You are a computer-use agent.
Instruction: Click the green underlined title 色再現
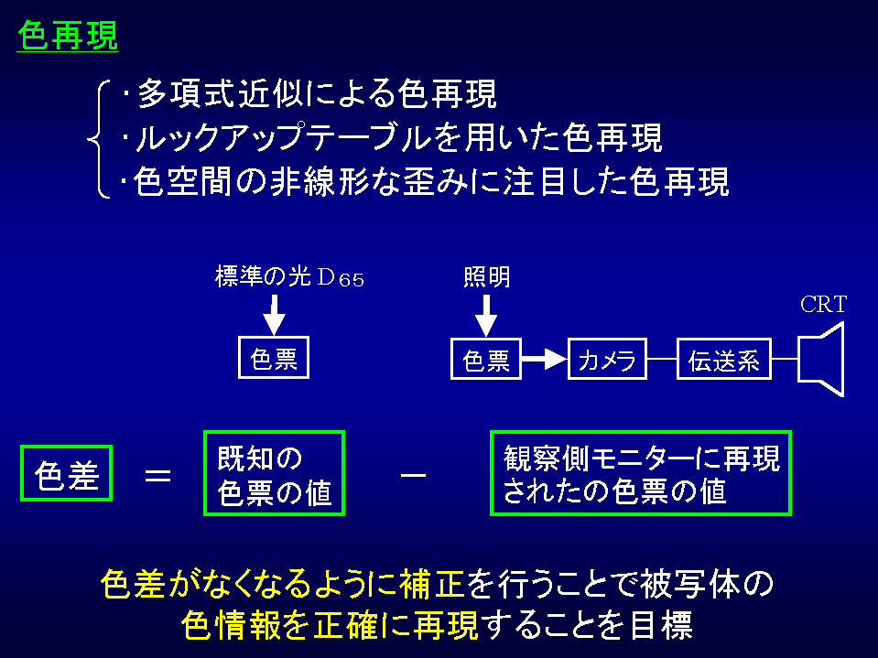point(68,36)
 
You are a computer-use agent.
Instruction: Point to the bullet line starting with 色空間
point(425,181)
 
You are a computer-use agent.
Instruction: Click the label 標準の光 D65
point(289,278)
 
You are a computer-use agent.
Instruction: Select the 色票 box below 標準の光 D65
point(274,358)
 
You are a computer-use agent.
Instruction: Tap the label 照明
point(487,278)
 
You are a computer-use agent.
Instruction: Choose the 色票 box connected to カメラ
point(486,358)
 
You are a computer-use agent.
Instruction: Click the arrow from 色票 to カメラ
point(545,358)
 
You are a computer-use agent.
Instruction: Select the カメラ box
point(607,358)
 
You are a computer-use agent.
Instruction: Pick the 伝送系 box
point(723,358)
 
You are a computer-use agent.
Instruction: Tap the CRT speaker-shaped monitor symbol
point(820,358)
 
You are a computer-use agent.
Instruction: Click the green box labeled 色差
point(66,473)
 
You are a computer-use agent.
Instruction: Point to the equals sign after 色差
point(158,474)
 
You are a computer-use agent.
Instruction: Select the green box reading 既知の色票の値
point(274,472)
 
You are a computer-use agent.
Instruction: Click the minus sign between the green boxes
point(414,474)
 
